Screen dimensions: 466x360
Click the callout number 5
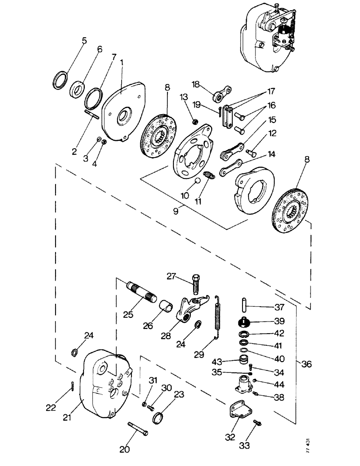point(84,41)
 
